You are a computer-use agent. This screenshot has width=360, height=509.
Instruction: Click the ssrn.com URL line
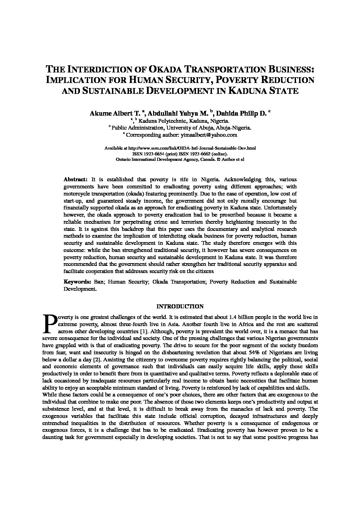(180, 149)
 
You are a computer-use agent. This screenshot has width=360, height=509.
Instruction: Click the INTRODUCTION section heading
(180, 307)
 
